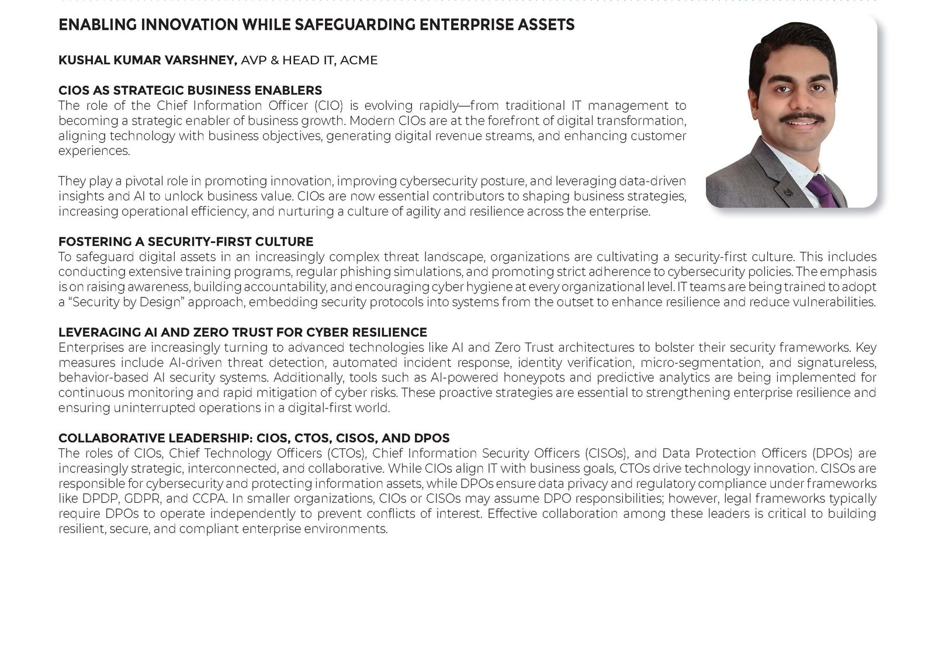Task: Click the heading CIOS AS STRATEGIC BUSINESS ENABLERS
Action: (x=190, y=91)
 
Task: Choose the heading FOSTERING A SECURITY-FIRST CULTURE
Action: (x=186, y=242)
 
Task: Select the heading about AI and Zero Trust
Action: (x=243, y=333)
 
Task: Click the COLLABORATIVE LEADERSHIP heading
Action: (x=254, y=438)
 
